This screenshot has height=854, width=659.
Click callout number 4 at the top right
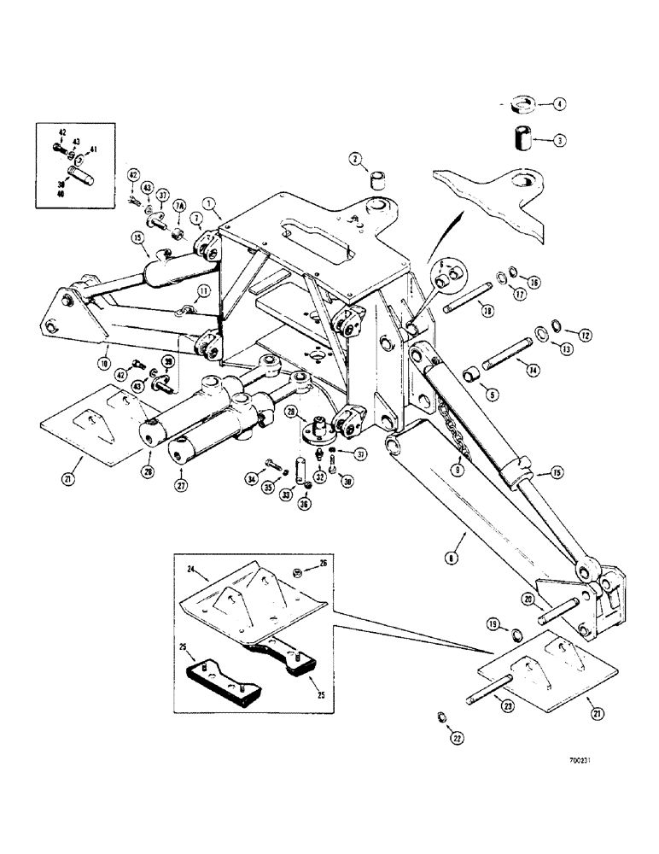(x=559, y=106)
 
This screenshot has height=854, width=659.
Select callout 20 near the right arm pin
(x=528, y=600)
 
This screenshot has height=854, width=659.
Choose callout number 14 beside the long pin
(x=533, y=371)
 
